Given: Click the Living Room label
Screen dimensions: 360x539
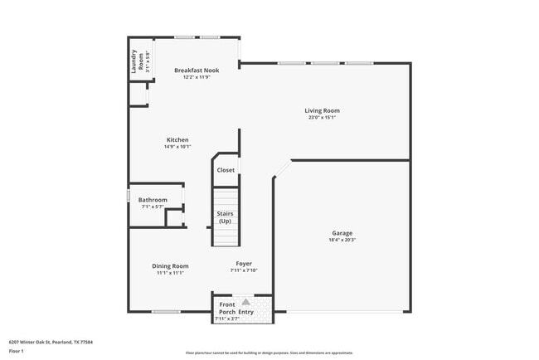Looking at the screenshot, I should point(322,110).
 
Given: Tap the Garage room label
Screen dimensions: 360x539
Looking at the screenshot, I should point(342,233).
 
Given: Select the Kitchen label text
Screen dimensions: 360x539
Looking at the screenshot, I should point(177,139).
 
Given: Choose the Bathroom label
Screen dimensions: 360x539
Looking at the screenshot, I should point(153,199).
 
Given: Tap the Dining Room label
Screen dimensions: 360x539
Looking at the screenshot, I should point(170,265).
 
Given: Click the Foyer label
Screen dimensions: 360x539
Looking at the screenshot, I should point(244,264).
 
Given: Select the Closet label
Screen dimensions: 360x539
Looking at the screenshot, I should point(226,170).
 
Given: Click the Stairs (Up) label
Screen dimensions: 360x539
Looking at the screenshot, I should point(225,217).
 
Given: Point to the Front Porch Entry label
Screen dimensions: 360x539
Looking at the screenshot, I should point(235,309).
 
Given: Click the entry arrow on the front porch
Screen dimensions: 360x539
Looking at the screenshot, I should point(245,302).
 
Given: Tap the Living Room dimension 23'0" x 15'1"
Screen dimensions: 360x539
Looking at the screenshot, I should point(322,118).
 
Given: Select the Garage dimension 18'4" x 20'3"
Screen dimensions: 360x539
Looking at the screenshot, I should point(342,241).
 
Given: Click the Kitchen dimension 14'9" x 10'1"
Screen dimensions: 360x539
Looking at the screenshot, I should point(177,147).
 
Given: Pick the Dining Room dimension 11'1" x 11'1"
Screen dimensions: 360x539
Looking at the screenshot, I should point(170,273).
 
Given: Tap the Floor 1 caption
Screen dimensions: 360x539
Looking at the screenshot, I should point(17,351).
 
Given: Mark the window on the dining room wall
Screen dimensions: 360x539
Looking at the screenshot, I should point(166,312).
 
